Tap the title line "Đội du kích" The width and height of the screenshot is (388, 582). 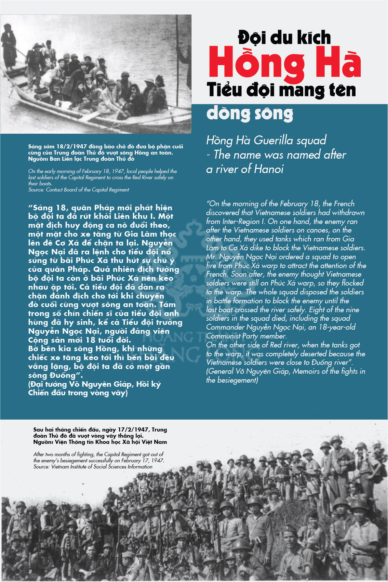point(284,37)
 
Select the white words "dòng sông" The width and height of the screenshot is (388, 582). point(250,114)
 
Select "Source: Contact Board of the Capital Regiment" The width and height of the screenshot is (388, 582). point(79,190)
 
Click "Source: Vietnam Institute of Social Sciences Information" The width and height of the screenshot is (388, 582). point(93,467)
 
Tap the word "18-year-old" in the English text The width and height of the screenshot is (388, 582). point(337,327)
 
